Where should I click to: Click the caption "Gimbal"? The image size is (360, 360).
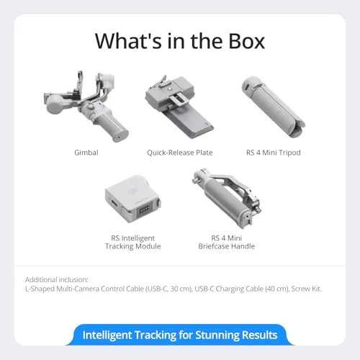(x=86, y=152)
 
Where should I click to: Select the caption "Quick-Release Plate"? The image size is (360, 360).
(x=179, y=152)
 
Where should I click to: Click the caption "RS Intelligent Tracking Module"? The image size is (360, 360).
(x=132, y=241)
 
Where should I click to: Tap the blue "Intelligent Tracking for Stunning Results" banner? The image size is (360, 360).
(x=179, y=335)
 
